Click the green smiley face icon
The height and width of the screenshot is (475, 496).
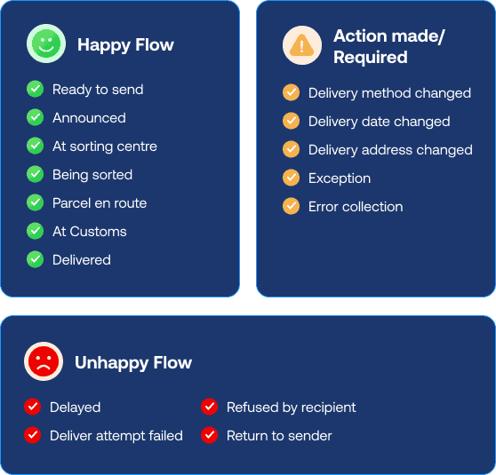(x=46, y=44)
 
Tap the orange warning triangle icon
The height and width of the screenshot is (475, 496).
(x=302, y=45)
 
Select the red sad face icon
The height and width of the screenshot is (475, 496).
(x=44, y=361)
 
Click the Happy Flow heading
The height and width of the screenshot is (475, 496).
(x=125, y=45)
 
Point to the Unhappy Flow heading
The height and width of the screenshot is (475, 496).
(x=133, y=363)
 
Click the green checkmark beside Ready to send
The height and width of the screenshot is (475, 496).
(x=36, y=89)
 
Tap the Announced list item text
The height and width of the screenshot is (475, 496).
(x=89, y=118)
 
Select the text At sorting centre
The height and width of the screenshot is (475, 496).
(x=105, y=146)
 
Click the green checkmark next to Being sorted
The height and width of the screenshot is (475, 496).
(x=36, y=174)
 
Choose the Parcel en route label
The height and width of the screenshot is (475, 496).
(x=100, y=203)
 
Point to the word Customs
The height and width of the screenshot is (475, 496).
(x=98, y=232)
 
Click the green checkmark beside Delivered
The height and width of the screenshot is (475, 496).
(x=36, y=259)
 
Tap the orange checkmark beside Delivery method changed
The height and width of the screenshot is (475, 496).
(x=291, y=92)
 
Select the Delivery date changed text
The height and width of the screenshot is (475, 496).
(x=380, y=122)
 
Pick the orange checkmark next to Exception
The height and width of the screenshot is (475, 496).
(x=291, y=178)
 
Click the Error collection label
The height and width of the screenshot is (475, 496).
(x=356, y=207)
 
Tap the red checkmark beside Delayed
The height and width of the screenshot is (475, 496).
(x=33, y=407)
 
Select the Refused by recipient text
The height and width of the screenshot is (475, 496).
(x=292, y=408)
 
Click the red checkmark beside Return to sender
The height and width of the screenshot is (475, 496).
(x=210, y=435)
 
